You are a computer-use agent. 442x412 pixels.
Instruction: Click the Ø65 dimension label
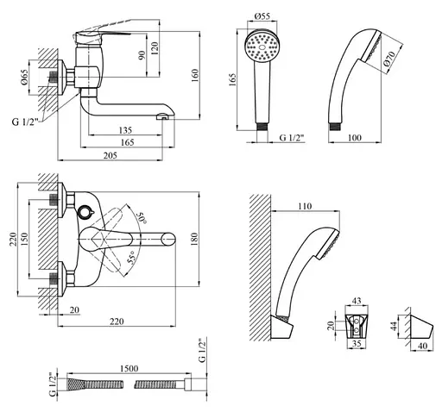(24, 78)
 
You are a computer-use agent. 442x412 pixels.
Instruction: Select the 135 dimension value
(125, 130)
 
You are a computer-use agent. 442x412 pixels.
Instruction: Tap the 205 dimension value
(110, 155)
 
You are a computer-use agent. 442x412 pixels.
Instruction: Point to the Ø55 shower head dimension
(262, 16)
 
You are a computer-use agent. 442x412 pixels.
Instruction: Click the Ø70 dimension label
(390, 59)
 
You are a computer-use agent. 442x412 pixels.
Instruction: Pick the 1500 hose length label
(129, 368)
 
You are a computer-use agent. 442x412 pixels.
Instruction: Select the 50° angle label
(142, 218)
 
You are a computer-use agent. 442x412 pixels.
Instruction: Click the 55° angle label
(131, 257)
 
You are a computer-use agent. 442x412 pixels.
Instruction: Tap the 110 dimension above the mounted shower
(305, 206)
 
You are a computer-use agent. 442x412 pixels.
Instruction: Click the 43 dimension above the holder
(357, 301)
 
